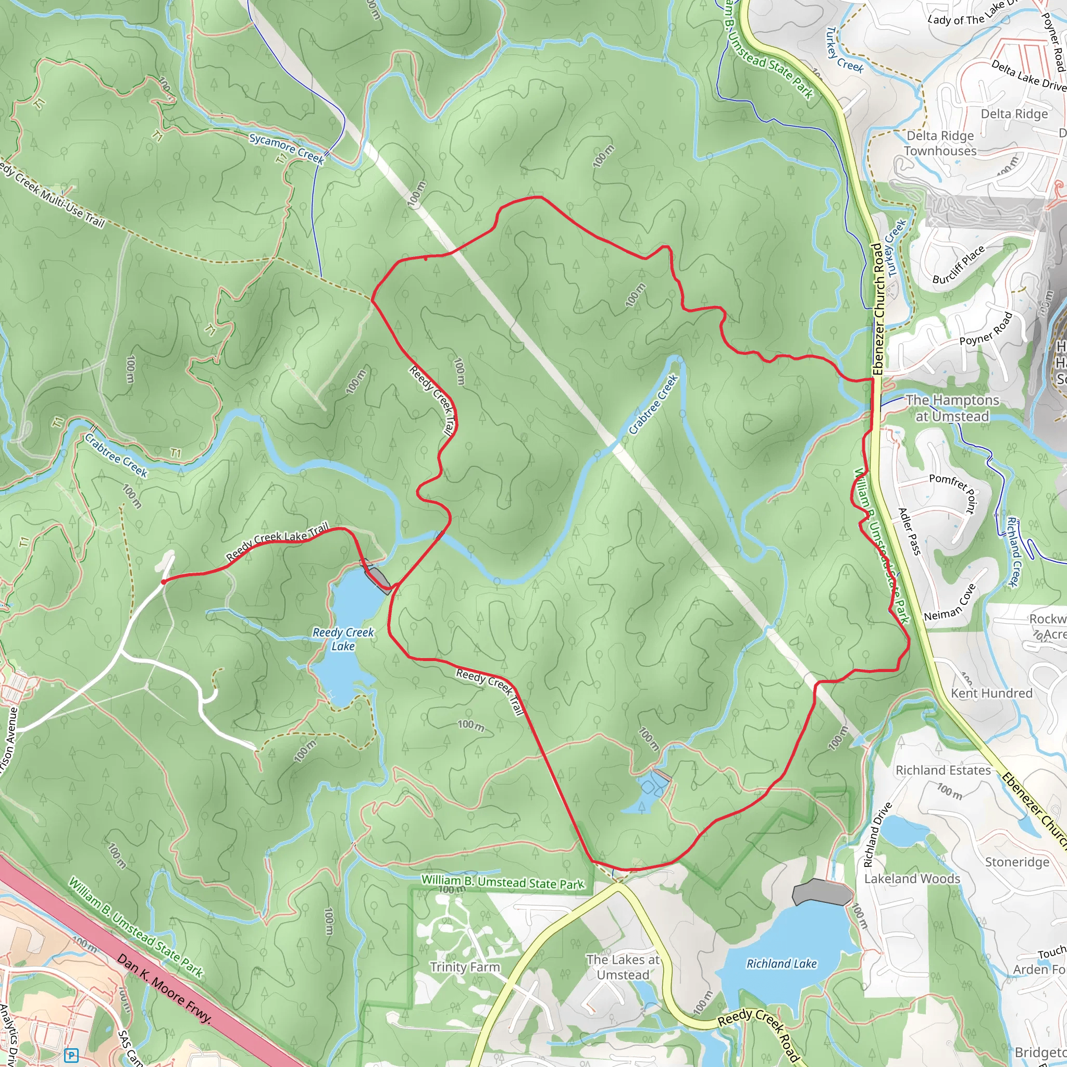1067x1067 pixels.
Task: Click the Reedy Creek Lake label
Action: tap(343, 639)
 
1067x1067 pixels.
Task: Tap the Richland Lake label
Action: tap(781, 964)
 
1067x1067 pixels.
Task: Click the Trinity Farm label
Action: tap(465, 967)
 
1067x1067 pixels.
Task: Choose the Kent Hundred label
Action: tap(991, 693)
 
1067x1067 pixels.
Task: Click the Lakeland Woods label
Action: tap(912, 879)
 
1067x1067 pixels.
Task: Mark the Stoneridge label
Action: tap(1018, 862)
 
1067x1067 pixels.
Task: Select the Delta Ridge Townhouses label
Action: tap(940, 144)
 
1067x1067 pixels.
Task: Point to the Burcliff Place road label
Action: tap(958, 265)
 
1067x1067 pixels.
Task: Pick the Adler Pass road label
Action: tap(910, 531)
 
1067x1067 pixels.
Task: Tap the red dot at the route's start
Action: tap(164, 581)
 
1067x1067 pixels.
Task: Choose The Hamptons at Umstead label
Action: tap(952, 408)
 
